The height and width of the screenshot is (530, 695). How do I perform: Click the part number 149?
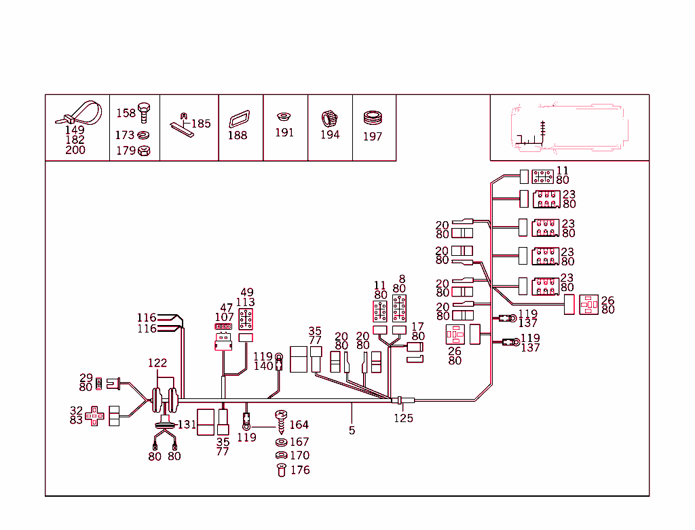coord(75,130)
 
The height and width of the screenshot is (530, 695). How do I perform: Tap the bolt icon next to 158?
coord(143,111)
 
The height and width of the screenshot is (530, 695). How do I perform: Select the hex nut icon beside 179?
coord(143,151)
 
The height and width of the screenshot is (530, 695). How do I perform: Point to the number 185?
coord(201,124)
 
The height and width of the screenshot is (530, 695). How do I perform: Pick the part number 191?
coord(284,133)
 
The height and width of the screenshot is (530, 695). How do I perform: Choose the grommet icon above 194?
coord(329,118)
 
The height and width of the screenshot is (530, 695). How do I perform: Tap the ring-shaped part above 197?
coord(373,118)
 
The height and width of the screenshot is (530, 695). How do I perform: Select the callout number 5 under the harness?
coord(352,430)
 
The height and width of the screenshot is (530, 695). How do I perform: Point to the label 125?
coord(403,418)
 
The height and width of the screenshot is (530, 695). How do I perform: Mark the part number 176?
coord(299,470)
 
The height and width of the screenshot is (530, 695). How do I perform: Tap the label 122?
coord(157,364)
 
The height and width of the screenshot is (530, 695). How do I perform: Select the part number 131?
coord(187,425)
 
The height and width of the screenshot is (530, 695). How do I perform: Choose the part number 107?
coord(225,317)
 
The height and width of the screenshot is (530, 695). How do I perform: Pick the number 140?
coord(263,366)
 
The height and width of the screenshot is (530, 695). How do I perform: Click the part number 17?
coord(418,326)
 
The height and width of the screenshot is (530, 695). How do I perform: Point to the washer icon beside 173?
coord(143,135)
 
